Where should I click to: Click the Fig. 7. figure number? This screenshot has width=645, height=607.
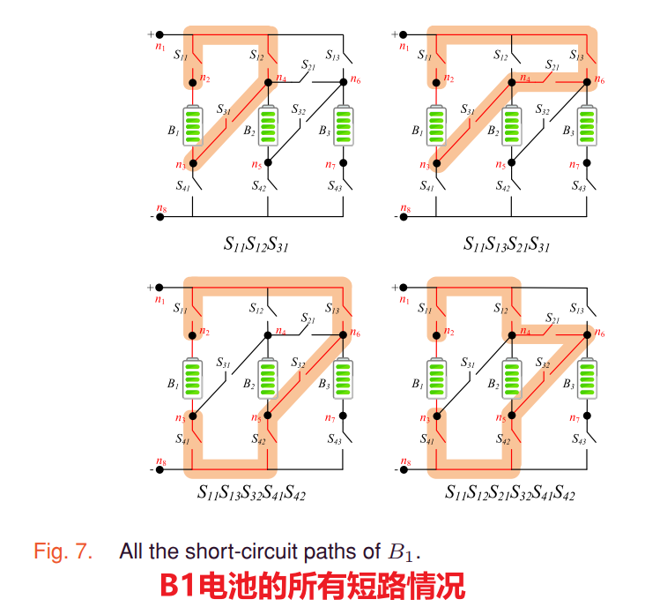[63, 553]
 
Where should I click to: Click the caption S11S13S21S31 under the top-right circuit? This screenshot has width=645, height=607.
[507, 244]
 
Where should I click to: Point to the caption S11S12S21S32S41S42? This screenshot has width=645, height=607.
[508, 492]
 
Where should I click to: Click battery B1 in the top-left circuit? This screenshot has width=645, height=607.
[193, 126]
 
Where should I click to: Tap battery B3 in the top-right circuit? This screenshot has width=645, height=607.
[588, 126]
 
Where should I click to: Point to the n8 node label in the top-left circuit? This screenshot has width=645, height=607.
[159, 208]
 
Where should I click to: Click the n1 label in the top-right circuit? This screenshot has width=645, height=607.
[404, 47]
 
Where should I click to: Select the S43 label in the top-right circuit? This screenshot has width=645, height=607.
[578, 186]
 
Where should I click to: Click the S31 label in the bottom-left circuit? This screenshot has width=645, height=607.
[224, 363]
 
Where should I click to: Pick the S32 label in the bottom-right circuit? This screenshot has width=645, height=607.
[542, 363]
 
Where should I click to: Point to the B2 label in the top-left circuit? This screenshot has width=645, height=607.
[249, 131]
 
